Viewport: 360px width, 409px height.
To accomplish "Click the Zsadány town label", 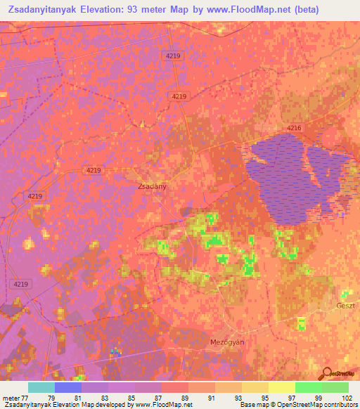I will coord(151,188).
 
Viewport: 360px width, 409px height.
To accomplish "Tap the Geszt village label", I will coord(346,306).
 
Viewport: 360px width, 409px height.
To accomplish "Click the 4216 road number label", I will coord(294,127).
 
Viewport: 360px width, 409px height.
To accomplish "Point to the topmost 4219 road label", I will coord(173,54).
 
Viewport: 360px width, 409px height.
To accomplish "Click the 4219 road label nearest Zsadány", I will coord(94,170).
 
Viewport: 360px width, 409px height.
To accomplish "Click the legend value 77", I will coord(28,397).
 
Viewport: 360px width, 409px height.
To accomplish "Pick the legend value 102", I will coord(347,397).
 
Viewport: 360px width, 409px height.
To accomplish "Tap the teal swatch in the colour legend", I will coord(41,387).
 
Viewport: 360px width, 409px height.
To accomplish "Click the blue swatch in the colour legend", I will coord(68,387).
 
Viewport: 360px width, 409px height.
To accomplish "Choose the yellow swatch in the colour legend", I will coord(282,387).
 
